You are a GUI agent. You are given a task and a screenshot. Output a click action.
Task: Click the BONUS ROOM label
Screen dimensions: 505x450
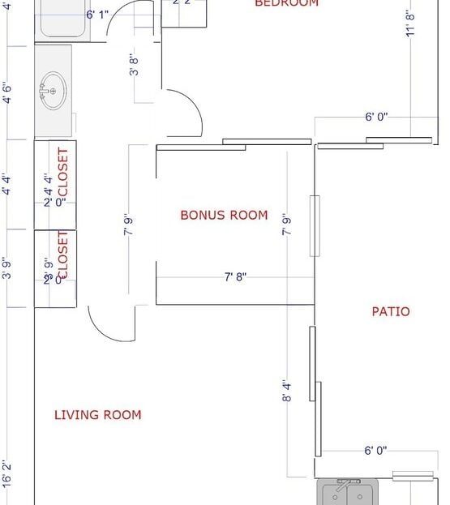point(224,215)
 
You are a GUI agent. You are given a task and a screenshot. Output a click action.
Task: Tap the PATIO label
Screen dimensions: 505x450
point(390,311)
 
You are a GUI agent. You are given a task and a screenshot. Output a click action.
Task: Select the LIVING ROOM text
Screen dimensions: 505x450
point(97,415)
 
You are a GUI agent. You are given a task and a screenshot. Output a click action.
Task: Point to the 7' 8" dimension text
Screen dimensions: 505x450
point(235,277)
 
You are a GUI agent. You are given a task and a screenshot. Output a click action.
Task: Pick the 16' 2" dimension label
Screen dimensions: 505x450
point(6,473)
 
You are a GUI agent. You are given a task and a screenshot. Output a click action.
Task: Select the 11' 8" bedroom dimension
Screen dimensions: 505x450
point(411,22)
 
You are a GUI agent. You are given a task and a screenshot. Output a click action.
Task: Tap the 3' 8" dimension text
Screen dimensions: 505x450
point(135,64)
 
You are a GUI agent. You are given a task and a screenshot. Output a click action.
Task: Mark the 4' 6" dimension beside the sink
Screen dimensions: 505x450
point(6,92)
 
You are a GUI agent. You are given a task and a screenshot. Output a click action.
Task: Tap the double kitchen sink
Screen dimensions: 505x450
point(348,492)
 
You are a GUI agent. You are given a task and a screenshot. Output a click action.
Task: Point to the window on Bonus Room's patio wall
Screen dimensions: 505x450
point(315,226)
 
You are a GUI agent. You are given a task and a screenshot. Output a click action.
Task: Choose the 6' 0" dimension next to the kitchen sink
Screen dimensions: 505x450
point(375,451)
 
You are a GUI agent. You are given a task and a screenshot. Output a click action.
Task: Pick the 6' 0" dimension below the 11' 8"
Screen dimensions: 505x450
point(376,117)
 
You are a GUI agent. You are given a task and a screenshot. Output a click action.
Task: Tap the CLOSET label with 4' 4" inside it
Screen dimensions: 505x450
point(62,171)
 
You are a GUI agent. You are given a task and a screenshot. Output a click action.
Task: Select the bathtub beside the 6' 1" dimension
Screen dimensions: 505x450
point(62,19)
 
